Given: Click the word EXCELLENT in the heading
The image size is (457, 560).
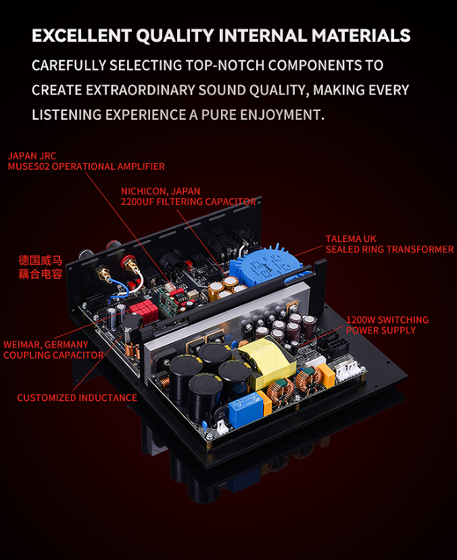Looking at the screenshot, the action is (82, 36).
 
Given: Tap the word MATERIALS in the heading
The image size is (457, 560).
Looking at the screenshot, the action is (361, 36).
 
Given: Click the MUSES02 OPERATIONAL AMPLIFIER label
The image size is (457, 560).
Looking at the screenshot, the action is (87, 166).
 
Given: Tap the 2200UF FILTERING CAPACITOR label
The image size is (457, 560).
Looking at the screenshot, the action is (189, 202).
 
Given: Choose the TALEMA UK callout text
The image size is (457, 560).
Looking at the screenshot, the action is (351, 239).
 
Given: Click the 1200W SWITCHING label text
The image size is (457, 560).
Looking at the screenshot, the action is (387, 320).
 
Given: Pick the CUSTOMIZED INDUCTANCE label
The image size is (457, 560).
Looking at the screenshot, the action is (77, 398).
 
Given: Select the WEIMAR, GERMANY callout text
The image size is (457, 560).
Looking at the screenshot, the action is (46, 345).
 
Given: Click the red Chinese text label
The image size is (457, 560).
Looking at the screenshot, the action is (41, 266).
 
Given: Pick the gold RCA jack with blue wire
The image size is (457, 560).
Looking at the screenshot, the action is (103, 275).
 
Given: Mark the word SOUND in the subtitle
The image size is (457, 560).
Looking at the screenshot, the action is (221, 90).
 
